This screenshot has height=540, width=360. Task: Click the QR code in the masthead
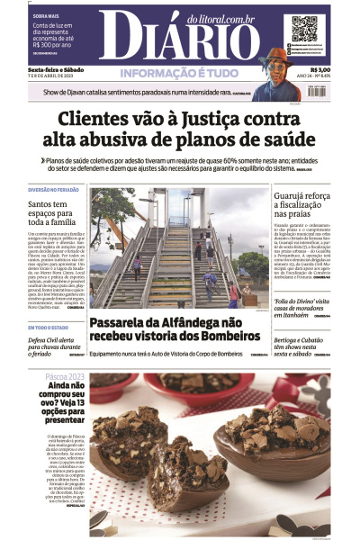(304, 29)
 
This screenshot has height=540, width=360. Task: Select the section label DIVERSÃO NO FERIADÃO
(53, 191)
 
